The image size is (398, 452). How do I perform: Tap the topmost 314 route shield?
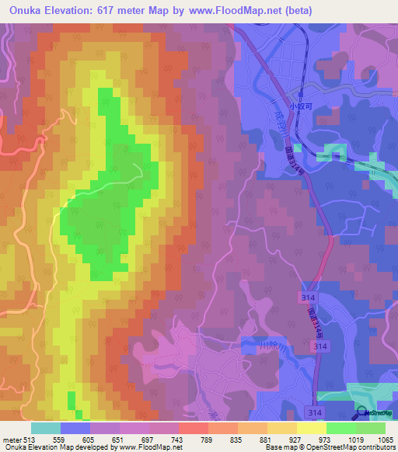tap(307, 297)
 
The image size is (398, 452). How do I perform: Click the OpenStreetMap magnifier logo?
tap(361, 414)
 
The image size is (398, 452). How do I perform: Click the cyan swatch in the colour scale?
tap(45, 428)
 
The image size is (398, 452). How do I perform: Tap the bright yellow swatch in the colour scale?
tap(311, 428)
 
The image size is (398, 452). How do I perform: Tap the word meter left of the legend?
tap(11, 439)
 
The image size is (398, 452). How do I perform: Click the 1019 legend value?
tap(355, 439)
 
